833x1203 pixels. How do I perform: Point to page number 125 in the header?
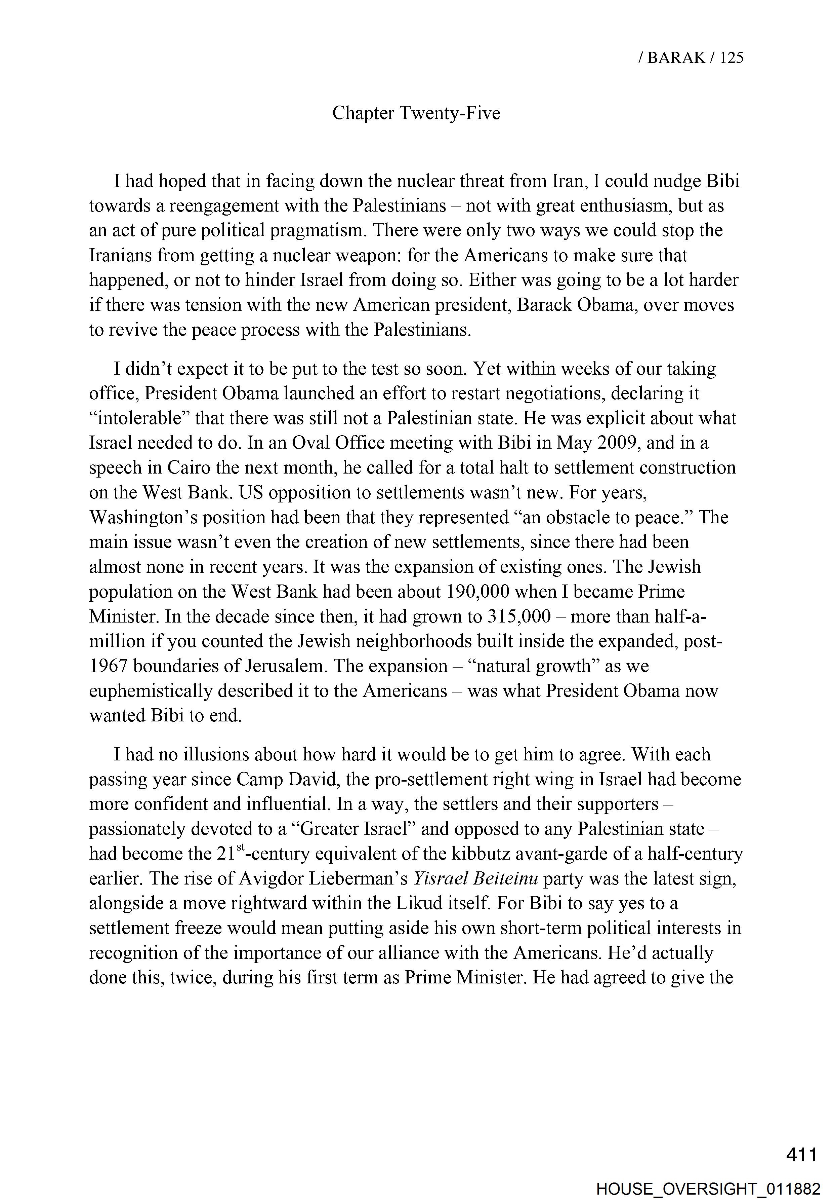point(731,58)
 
